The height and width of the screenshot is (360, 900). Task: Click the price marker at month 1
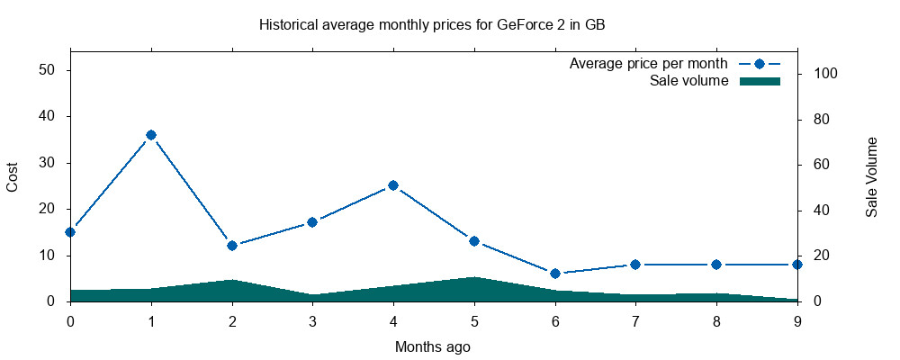pos(151,135)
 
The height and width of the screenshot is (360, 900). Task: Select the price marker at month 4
pos(393,185)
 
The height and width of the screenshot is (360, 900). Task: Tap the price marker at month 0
pos(70,231)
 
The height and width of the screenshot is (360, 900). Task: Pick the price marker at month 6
pos(555,273)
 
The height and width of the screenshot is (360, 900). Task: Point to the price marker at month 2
pos(232,246)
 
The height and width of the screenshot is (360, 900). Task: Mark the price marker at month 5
pos(474,241)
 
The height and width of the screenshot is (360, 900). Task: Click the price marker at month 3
pos(312,222)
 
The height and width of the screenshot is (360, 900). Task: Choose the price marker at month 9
pos(797,265)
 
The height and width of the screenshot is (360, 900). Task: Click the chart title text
pos(432,24)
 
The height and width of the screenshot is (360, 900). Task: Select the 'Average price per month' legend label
pos(648,64)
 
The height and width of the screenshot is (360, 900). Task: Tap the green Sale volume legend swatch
pos(759,81)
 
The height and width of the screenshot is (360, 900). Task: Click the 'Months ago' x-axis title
pos(433,346)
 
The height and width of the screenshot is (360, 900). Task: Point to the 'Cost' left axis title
pos(13,176)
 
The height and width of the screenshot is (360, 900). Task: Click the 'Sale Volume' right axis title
pos(871,176)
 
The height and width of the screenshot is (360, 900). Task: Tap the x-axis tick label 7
pos(635,319)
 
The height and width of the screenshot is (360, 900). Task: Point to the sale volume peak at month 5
pos(474,278)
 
